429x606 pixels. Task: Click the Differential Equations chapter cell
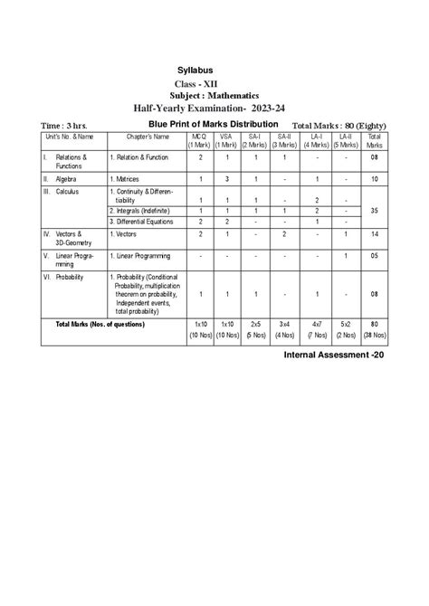point(147,221)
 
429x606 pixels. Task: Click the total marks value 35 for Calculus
point(375,208)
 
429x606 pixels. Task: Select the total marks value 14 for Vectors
point(375,233)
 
